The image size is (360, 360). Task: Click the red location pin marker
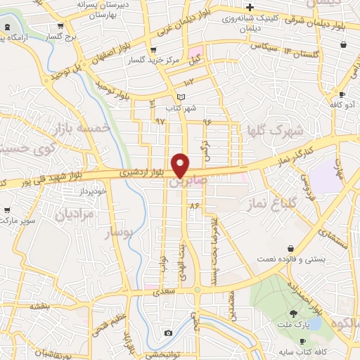tap(181, 165)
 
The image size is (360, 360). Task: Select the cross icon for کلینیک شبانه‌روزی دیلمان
tap(250, 7)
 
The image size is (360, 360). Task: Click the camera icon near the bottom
tap(168, 333)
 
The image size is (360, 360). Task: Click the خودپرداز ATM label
tap(91, 191)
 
